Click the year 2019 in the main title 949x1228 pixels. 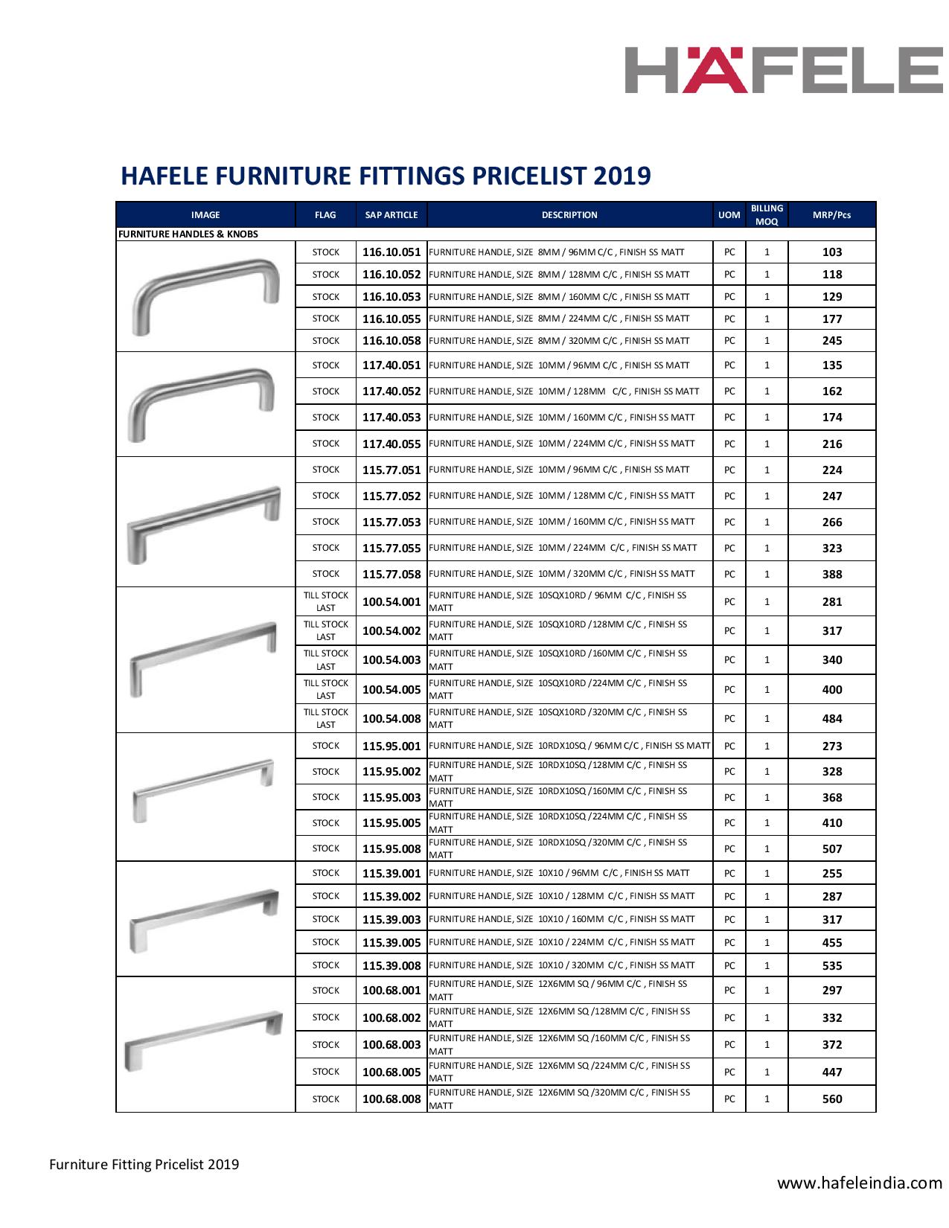[x=622, y=176]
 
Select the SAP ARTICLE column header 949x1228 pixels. [x=392, y=215]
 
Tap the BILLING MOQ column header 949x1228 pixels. [x=767, y=215]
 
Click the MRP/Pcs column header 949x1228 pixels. [x=831, y=215]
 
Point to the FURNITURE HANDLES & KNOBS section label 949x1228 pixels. [x=188, y=234]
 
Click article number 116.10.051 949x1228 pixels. [x=392, y=252]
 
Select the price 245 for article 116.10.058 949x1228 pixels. [x=831, y=341]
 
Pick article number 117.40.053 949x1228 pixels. [x=392, y=418]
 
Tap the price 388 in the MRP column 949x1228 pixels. [x=831, y=575]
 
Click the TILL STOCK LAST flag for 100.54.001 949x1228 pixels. [x=326, y=601]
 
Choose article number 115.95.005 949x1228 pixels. [x=392, y=823]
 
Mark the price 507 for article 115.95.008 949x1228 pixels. [x=831, y=849]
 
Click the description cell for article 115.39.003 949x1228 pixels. [x=562, y=919]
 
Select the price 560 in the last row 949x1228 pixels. [x=831, y=1099]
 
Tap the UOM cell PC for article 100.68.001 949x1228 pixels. [x=729, y=991]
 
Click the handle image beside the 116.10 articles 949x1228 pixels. [x=206, y=296]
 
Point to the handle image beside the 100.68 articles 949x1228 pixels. [x=206, y=1042]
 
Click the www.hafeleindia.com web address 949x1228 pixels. [x=860, y=1183]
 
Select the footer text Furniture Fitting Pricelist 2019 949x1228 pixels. [x=144, y=1164]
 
